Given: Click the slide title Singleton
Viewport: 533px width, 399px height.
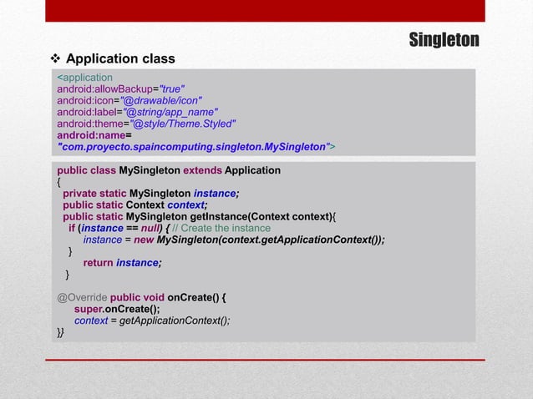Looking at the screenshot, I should pos(444,40).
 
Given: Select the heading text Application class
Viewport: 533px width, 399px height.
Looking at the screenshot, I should pos(120,59).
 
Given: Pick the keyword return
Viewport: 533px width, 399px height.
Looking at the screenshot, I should pos(99,262).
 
